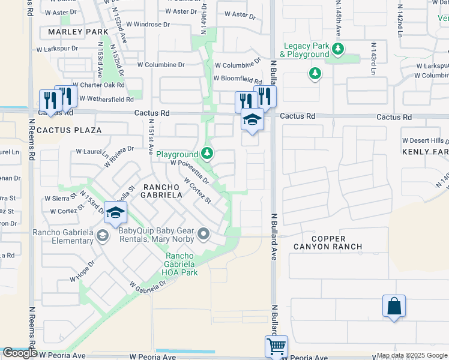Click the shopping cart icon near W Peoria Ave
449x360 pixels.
(x=276, y=346)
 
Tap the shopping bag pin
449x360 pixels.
(x=394, y=306)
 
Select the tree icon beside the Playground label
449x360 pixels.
(x=207, y=154)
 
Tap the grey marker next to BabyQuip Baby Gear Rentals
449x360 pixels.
(x=204, y=235)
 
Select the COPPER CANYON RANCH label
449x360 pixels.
(x=328, y=241)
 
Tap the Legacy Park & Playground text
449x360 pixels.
(x=307, y=50)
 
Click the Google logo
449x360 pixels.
(x=20, y=353)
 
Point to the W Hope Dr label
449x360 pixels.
(x=82, y=271)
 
